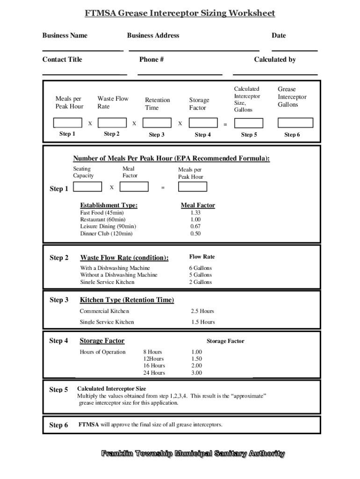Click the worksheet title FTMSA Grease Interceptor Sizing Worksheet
180,13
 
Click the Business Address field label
153,36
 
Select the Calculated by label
274,59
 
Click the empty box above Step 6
295,123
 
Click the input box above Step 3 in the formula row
157,123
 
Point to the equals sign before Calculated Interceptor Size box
225,124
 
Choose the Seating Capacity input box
87,187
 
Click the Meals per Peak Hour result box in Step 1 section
192,187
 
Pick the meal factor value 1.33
195,213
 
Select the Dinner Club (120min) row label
106,233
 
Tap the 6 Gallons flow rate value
200,268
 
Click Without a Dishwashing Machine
119,275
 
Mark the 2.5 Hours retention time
202,311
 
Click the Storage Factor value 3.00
196,373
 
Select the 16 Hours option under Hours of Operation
154,366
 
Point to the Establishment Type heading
108,205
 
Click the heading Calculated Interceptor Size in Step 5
111,389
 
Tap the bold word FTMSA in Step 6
88,425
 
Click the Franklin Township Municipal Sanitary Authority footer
193,453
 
